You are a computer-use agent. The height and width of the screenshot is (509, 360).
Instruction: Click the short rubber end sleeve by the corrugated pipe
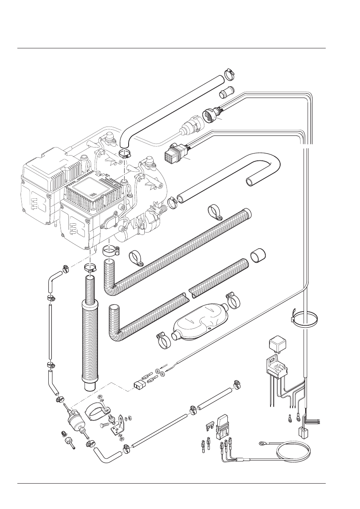tap(258, 256)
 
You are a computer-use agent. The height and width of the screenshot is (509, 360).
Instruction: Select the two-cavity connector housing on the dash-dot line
tap(138, 386)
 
